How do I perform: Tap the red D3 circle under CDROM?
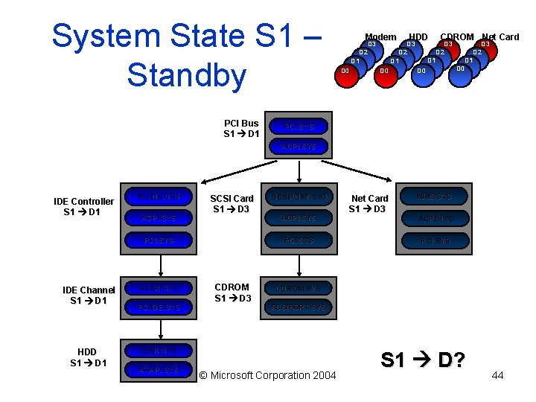pos(449,47)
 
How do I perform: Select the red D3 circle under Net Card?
pos(486,47)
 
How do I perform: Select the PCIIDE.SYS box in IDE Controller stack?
pos(159,197)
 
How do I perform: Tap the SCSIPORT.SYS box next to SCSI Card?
pos(299,197)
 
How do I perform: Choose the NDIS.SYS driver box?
pos(435,197)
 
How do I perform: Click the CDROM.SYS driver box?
pos(299,288)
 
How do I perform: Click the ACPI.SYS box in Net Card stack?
pos(435,219)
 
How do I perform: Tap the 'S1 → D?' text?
pos(423,361)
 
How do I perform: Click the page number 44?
pos(497,375)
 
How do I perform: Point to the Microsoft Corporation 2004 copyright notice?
pos(268,375)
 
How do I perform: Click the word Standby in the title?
pos(186,75)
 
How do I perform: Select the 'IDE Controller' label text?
pos(84,202)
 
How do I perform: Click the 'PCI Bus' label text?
pos(241,124)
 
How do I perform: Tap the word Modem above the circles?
pos(380,37)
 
